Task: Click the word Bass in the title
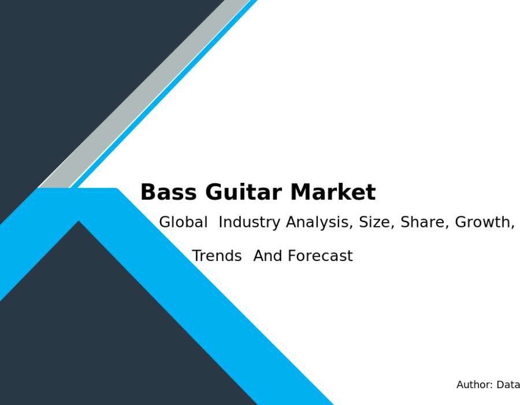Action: (169, 192)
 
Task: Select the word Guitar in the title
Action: (243, 192)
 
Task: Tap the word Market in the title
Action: (333, 192)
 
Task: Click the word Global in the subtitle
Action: (183, 222)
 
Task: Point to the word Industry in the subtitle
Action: (250, 223)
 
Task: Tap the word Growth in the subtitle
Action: (485, 222)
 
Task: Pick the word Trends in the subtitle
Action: (217, 256)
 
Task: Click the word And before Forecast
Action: (268, 256)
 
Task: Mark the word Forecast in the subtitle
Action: (320, 256)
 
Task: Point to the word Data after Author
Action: (508, 385)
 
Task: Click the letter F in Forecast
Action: (292, 256)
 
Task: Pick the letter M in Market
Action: (301, 192)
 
